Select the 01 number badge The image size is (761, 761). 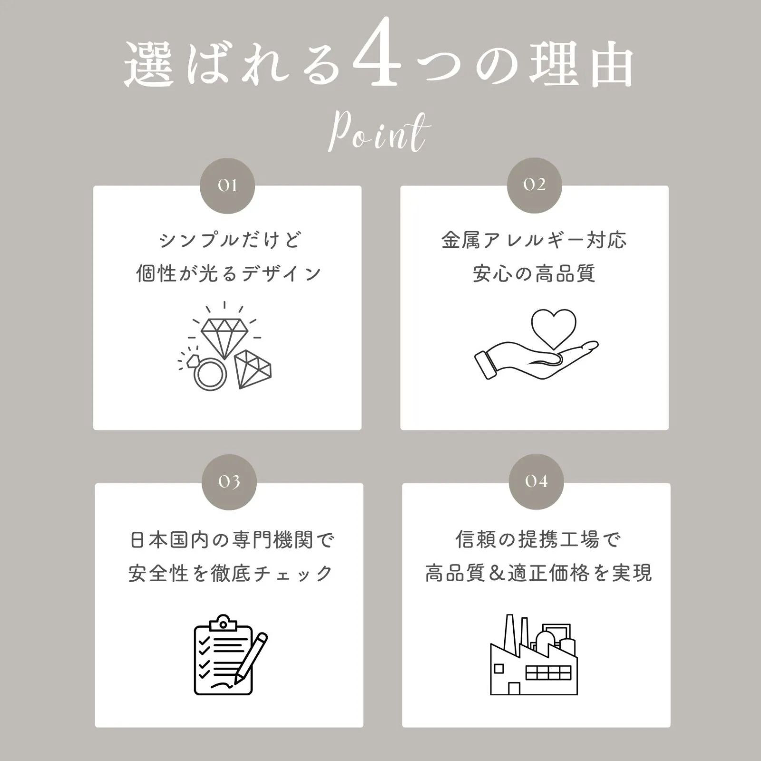pyautogui.click(x=227, y=185)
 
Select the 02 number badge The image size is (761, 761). pyautogui.click(x=535, y=185)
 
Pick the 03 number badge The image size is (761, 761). pyautogui.click(x=229, y=482)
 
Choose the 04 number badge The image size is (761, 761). pyautogui.click(x=537, y=482)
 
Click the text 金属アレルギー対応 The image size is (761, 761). pyautogui.click(x=534, y=240)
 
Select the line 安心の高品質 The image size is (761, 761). pyautogui.click(x=534, y=273)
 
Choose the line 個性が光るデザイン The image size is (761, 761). pyautogui.click(x=229, y=273)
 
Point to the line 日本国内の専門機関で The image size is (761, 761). pyautogui.click(x=232, y=540)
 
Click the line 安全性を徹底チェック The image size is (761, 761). pyautogui.click(x=231, y=574)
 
